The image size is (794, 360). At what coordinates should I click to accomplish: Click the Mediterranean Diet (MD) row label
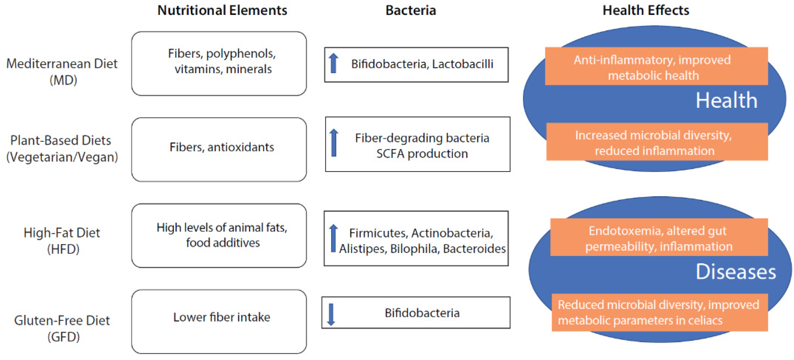click(62, 72)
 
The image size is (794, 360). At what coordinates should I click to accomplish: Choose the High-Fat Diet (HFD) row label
click(62, 240)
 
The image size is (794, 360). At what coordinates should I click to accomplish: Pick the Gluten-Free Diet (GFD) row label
click(62, 329)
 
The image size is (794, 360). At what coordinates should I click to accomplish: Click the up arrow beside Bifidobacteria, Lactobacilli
click(333, 63)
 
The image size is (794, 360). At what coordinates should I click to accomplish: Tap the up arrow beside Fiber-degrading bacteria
click(334, 142)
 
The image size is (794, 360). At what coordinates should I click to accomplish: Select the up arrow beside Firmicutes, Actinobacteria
click(333, 238)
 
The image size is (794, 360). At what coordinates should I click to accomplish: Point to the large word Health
click(726, 100)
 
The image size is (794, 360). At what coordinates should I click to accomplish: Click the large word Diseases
click(735, 272)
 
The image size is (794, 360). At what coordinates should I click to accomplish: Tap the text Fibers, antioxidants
click(222, 147)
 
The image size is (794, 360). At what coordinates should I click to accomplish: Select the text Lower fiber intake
click(222, 317)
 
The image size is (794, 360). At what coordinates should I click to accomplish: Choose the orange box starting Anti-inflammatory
click(656, 66)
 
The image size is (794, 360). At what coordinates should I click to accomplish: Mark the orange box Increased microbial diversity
click(657, 142)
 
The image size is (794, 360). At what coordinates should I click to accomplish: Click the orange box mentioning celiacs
click(659, 313)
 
